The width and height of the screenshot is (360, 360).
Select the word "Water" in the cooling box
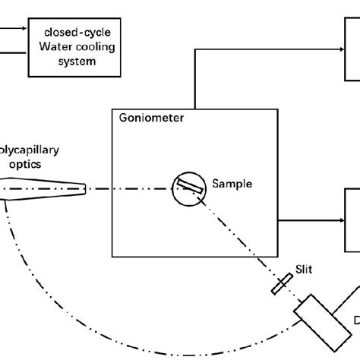54,47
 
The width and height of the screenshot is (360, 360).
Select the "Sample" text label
232,184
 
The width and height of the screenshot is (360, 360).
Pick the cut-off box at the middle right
352,220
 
